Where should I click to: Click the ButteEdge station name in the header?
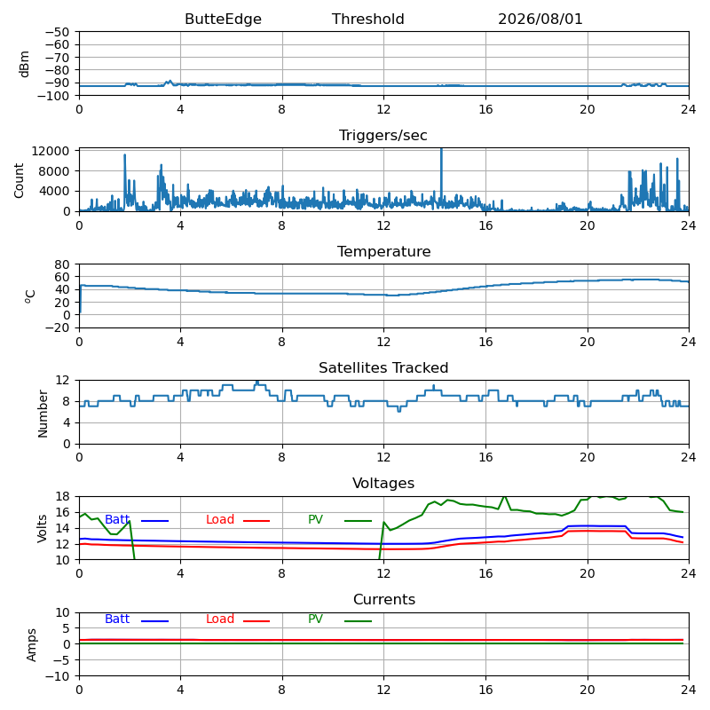click(x=223, y=19)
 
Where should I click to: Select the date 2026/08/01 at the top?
click(x=540, y=19)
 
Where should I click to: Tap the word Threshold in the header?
click(x=367, y=19)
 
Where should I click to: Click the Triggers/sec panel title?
click(x=383, y=136)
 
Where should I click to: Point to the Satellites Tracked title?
click(x=383, y=367)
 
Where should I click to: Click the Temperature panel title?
click(x=383, y=251)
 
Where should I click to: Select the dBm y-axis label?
click(x=24, y=64)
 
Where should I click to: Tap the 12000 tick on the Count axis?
click(x=51, y=151)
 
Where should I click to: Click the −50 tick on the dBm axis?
click(x=57, y=32)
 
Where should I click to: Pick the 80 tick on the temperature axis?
click(x=62, y=264)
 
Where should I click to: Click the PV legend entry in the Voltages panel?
click(x=340, y=520)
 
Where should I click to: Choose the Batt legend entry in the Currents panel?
click(x=137, y=619)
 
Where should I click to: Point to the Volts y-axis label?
click(x=42, y=528)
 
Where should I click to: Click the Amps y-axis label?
click(x=31, y=645)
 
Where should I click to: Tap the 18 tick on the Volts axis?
click(x=63, y=497)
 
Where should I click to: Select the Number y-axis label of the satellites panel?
click(x=43, y=414)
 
